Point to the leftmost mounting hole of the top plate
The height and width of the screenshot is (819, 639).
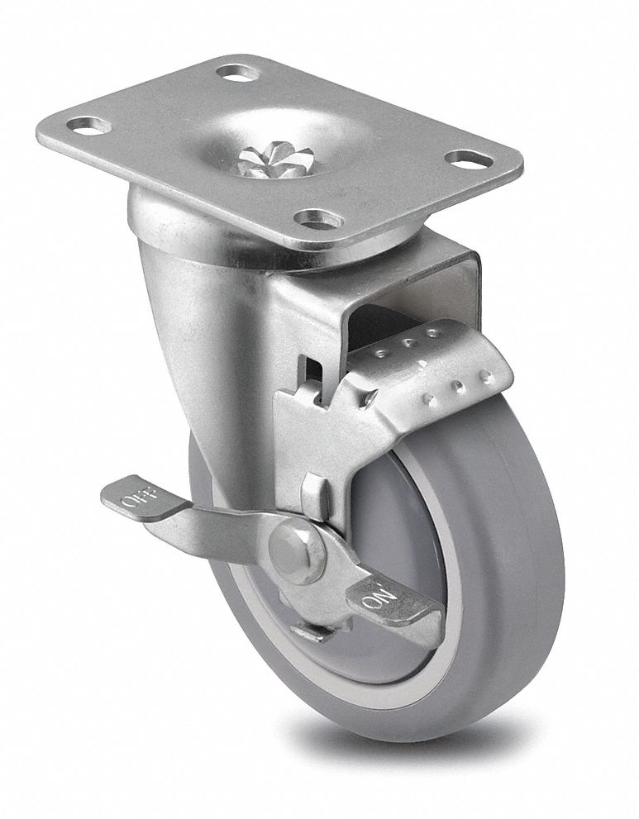pyautogui.click(x=88, y=126)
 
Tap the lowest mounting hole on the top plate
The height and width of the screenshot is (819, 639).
pyautogui.click(x=319, y=219)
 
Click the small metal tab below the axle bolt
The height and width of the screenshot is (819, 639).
pyautogui.click(x=314, y=632)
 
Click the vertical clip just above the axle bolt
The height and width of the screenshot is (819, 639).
pyautogui.click(x=312, y=496)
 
